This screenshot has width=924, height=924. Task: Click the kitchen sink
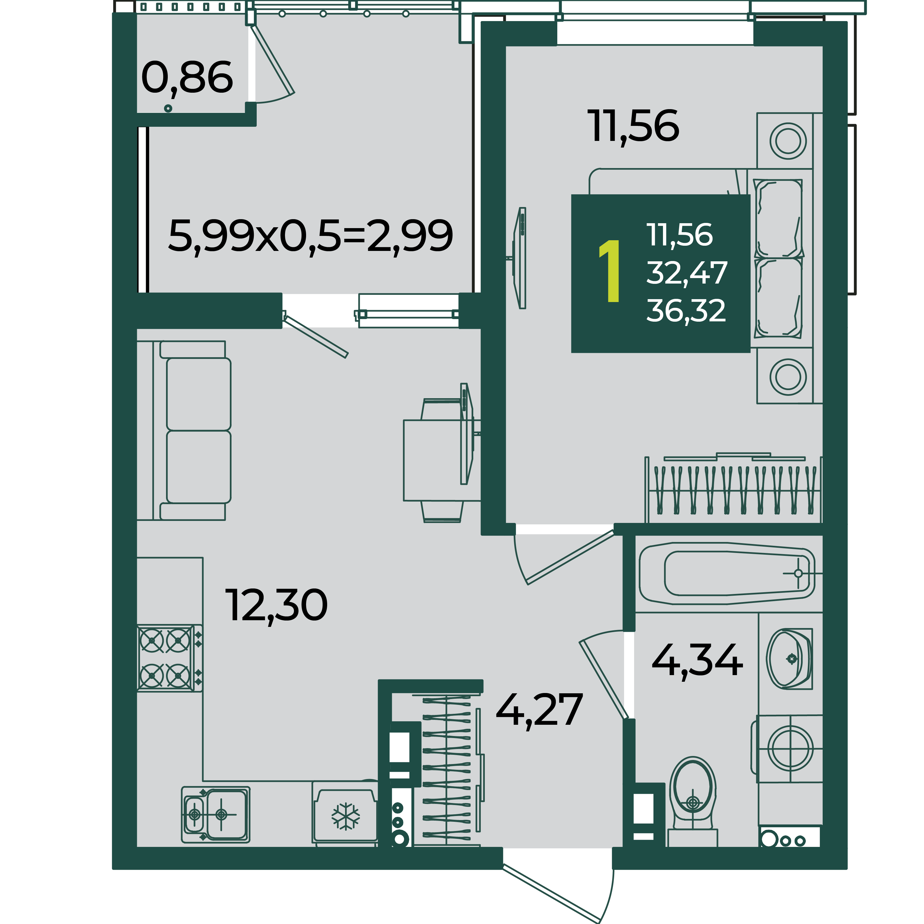(x=216, y=815)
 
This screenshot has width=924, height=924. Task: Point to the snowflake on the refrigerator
(x=346, y=816)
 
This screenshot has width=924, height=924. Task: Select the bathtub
(x=727, y=573)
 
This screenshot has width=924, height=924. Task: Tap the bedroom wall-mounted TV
(x=519, y=258)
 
